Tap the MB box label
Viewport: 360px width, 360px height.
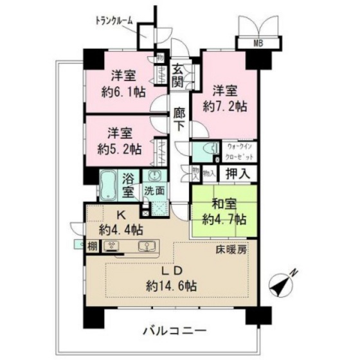pos(258,43)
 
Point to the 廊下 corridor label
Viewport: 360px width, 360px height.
pos(180,119)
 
